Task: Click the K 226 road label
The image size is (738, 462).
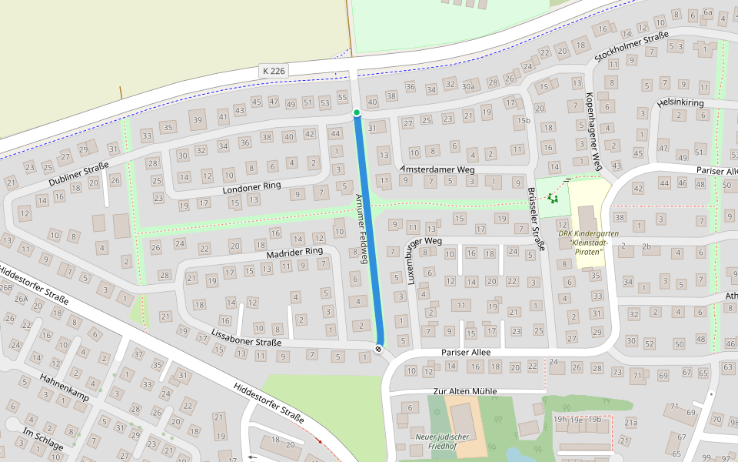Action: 274,71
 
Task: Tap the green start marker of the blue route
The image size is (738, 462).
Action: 357,113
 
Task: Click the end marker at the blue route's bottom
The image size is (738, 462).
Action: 379,349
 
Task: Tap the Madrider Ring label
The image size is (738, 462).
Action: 294,252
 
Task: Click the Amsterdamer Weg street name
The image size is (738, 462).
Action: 437,169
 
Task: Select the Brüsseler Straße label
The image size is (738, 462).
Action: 537,219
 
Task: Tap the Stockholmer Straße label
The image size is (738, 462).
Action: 631,49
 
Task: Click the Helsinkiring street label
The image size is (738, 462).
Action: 680,102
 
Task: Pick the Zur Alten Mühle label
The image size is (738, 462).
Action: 465,391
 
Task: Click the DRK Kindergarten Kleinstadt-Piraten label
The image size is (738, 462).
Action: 588,238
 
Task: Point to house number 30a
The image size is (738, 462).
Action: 468,86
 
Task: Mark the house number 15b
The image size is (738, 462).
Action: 524,120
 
